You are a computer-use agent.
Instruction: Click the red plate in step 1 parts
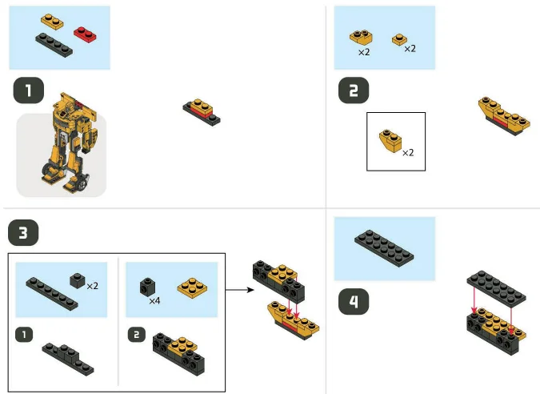click(x=84, y=33)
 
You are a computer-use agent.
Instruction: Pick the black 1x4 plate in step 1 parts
click(x=54, y=44)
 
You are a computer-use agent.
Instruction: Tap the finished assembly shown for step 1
click(x=201, y=113)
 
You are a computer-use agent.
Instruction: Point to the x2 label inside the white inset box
click(x=408, y=152)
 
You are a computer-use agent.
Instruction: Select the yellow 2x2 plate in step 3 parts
click(x=192, y=287)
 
